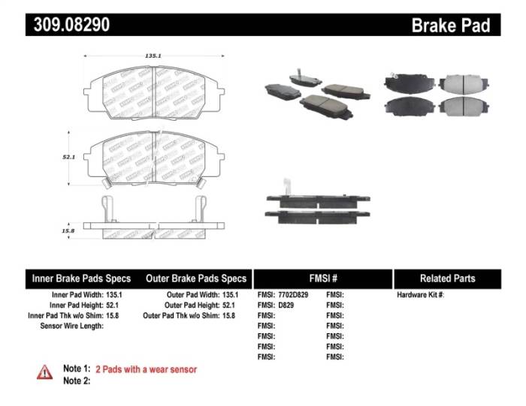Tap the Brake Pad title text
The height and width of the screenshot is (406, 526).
point(450,25)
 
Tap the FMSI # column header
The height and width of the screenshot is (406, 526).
point(323,278)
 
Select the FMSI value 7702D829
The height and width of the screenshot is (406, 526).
point(293,295)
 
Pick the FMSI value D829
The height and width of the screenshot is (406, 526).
point(287,305)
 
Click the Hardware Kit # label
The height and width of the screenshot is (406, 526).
point(420,295)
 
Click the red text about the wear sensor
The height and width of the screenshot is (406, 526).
point(146,369)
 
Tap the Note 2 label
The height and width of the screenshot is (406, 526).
point(76,380)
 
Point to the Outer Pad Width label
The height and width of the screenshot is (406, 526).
point(192,295)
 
